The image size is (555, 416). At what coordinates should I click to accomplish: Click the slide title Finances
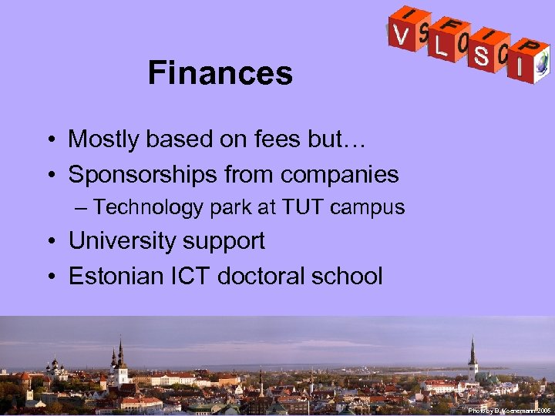(x=220, y=74)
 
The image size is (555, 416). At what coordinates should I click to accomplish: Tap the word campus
(x=375, y=208)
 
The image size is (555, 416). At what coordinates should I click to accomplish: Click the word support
(x=230, y=242)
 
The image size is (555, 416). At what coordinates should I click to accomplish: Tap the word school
(x=348, y=276)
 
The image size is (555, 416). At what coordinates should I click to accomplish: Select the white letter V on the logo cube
(x=401, y=35)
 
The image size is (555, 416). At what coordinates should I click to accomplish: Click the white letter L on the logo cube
(x=440, y=47)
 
